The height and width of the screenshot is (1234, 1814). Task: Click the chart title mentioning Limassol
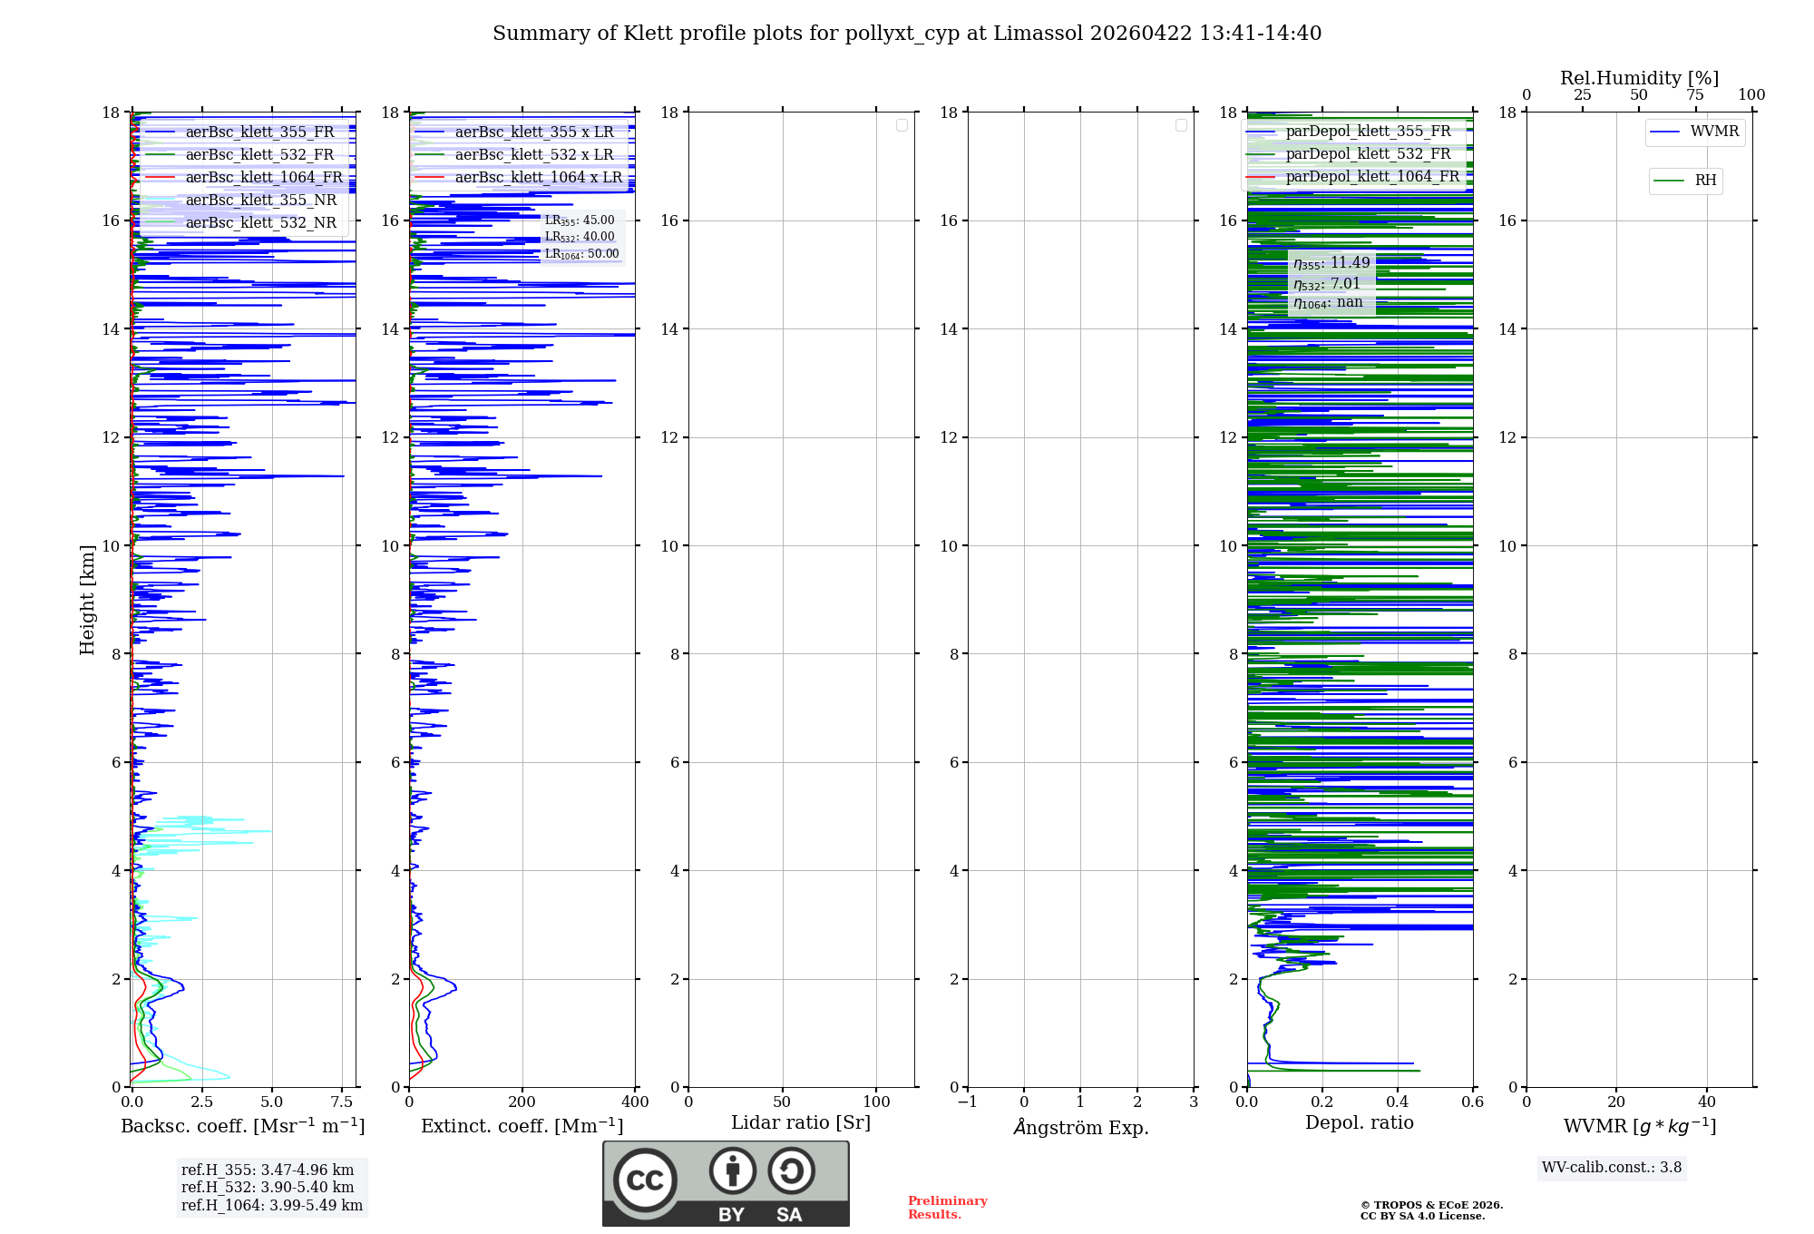[x=907, y=34]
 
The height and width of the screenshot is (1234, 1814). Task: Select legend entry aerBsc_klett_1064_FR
[x=264, y=178]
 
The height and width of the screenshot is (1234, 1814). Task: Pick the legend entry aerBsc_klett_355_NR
[x=260, y=201]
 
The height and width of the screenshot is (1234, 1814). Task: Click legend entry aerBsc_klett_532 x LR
[x=534, y=155]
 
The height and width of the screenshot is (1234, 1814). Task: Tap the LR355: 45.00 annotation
[x=580, y=220]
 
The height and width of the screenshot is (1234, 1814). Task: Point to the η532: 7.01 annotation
[x=1327, y=283]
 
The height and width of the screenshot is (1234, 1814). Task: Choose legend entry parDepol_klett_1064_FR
[x=1372, y=177]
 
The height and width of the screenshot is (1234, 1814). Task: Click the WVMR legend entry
[x=1714, y=132]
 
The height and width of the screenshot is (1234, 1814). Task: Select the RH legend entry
[x=1705, y=181]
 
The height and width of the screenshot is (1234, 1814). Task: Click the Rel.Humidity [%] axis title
[x=1639, y=78]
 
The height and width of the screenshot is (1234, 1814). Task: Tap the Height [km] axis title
[x=87, y=599]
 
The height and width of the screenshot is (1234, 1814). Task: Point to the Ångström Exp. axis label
[x=1080, y=1127]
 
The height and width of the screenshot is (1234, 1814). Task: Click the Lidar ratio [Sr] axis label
[x=801, y=1122]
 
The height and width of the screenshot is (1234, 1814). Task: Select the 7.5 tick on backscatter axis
[x=342, y=1102]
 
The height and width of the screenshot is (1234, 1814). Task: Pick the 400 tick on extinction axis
[x=635, y=1102]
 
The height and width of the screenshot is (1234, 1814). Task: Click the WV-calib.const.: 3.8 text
[x=1612, y=1168]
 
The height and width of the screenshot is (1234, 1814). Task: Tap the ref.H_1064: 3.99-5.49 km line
[x=272, y=1206]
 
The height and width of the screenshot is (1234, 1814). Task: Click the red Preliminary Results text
[x=947, y=1208]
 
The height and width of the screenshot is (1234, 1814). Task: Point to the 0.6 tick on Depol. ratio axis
[x=1472, y=1102]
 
